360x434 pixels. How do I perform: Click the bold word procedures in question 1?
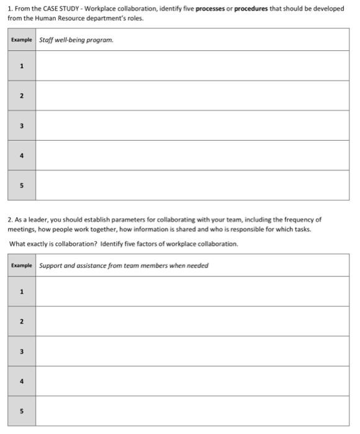pyautogui.click(x=251, y=9)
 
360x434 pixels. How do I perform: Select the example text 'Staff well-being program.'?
pyautogui.click(x=76, y=40)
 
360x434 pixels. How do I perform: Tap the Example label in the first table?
pyautogui.click(x=21, y=40)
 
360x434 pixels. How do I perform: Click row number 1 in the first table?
pyautogui.click(x=22, y=66)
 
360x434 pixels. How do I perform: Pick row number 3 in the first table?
pyautogui.click(x=22, y=126)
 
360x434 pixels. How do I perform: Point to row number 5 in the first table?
pyautogui.click(x=22, y=185)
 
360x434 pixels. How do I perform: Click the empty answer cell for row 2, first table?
pyautogui.click(x=192, y=95)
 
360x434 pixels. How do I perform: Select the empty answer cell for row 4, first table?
pyautogui.click(x=192, y=155)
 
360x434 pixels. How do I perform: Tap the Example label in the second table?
pyautogui.click(x=21, y=265)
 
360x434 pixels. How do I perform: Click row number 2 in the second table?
pyautogui.click(x=22, y=321)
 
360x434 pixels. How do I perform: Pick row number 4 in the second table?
pyautogui.click(x=22, y=381)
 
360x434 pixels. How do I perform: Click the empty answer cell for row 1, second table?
pyautogui.click(x=192, y=291)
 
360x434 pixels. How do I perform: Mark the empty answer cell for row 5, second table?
pyautogui.click(x=192, y=411)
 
